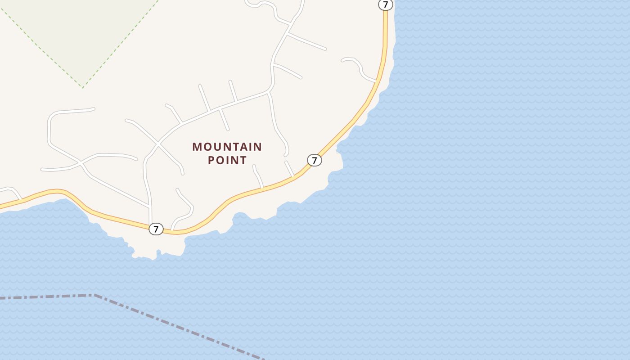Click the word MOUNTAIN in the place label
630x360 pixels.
(x=227, y=147)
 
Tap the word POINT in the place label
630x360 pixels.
(x=227, y=160)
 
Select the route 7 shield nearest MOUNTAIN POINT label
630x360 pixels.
(x=315, y=160)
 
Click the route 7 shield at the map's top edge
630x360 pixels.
(x=385, y=4)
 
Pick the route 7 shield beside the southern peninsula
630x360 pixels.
(x=156, y=229)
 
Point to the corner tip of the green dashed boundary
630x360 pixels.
(x=83, y=87)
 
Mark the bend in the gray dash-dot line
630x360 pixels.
(x=94, y=295)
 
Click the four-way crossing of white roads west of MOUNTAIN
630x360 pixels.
(x=158, y=144)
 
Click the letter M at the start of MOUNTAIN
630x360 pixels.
(x=197, y=147)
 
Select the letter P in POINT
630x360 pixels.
(x=211, y=160)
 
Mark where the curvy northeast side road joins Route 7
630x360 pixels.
(x=376, y=82)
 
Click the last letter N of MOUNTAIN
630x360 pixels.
(x=258, y=147)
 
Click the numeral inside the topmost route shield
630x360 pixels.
(x=385, y=4)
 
